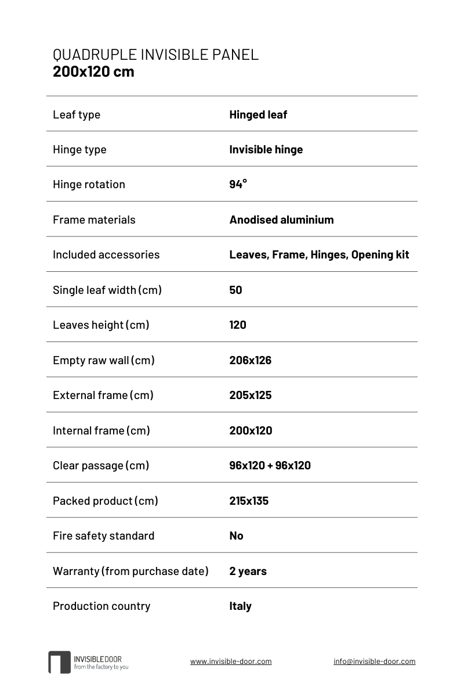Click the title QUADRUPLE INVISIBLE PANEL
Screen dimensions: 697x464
tap(155, 55)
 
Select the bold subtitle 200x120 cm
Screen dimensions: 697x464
tap(93, 71)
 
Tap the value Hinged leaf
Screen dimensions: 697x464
tap(258, 114)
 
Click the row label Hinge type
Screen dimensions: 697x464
tap(79, 149)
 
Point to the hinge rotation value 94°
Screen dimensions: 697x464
tap(238, 184)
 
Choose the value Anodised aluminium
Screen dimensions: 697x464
tap(281, 220)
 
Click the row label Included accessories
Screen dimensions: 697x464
tap(106, 254)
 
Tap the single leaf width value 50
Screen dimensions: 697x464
tap(235, 290)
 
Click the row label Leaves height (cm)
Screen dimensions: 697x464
tap(101, 325)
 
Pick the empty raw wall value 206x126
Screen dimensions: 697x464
tap(250, 360)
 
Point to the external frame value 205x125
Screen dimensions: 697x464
tap(250, 395)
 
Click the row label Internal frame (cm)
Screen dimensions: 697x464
tap(101, 430)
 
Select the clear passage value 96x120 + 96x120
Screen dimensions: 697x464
tap(270, 465)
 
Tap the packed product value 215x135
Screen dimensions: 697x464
tap(249, 501)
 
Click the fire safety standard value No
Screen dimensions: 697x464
tap(236, 536)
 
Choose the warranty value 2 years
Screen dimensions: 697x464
tap(248, 571)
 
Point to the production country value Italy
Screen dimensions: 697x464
tap(240, 606)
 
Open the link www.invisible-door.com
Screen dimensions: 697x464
tap(231, 661)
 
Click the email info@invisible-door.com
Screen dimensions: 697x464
tap(374, 661)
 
